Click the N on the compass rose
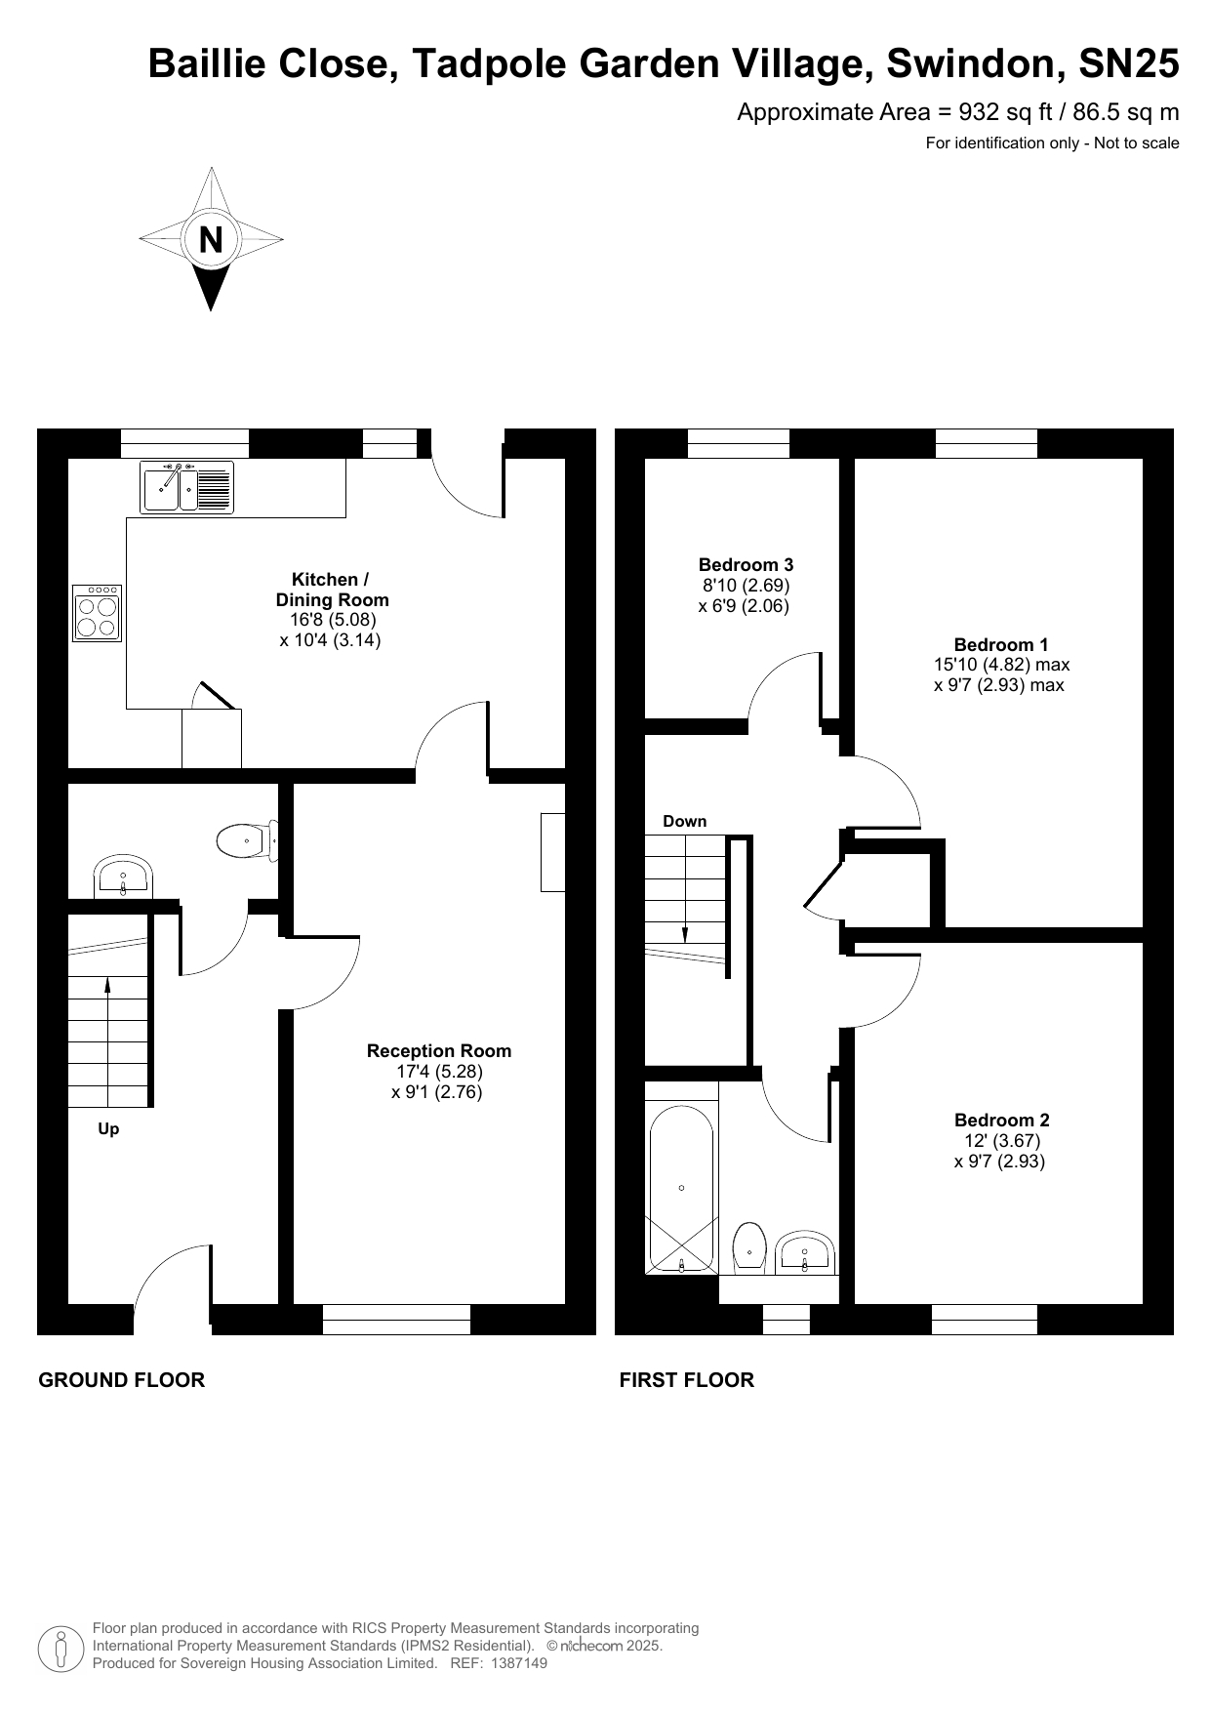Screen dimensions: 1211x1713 pos(211,239)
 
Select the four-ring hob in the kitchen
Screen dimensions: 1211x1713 pos(98,613)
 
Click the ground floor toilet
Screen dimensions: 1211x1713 pos(247,840)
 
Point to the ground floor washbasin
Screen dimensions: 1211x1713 pos(123,877)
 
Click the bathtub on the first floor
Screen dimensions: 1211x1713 pos(681,1190)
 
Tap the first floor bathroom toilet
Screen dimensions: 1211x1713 pos(748,1247)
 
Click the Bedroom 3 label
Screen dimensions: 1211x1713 pos(746,564)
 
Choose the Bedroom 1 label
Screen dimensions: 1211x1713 pos(1001,644)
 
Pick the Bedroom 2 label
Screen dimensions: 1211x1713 pos(1002,1120)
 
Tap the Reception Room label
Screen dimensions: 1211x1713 pos(439,1050)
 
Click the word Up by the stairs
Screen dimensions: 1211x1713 pos(108,1129)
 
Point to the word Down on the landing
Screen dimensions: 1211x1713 pos(685,821)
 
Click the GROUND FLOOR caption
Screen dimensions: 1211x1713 pos(122,1379)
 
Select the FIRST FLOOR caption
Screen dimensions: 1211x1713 pos(687,1379)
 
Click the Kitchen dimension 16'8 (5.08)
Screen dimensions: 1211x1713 pos(332,619)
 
